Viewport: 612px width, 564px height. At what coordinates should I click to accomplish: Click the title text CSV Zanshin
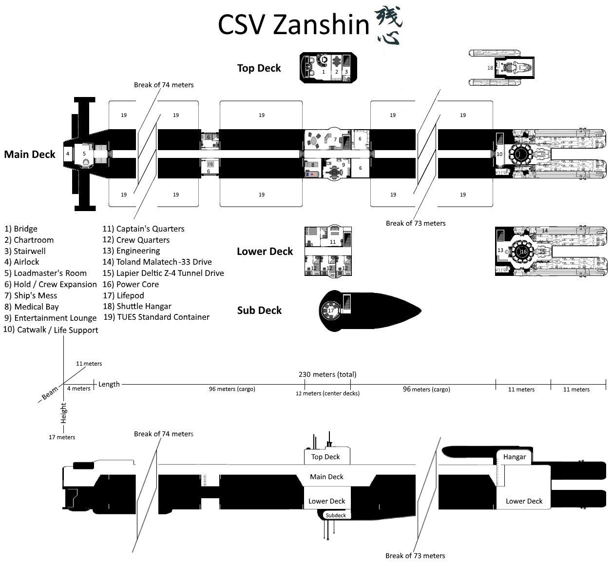(x=293, y=25)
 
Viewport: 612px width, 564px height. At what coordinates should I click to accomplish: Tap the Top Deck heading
(x=259, y=68)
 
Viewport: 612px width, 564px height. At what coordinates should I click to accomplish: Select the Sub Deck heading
(x=259, y=311)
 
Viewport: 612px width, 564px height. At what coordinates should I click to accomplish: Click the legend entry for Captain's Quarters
(x=143, y=229)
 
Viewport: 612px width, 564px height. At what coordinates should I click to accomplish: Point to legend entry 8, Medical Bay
(x=32, y=307)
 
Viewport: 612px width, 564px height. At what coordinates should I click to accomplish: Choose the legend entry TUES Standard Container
(x=156, y=317)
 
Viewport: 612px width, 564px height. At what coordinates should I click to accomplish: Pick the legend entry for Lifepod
(x=123, y=295)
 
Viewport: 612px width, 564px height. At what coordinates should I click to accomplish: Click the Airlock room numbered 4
(x=68, y=154)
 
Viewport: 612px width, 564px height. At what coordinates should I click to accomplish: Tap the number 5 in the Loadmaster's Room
(x=84, y=154)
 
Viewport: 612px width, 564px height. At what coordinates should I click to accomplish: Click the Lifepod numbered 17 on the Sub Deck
(x=331, y=311)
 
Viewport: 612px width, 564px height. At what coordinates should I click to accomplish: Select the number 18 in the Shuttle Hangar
(x=490, y=68)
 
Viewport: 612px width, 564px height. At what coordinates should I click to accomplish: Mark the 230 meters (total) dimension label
(x=327, y=374)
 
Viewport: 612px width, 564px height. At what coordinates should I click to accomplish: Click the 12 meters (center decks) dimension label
(x=327, y=393)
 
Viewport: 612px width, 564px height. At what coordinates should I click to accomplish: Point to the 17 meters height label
(x=62, y=437)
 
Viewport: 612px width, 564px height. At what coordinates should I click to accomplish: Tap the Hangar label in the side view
(x=515, y=457)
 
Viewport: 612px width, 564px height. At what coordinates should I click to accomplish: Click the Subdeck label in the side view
(x=336, y=515)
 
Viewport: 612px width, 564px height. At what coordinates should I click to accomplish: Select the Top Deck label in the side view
(x=325, y=457)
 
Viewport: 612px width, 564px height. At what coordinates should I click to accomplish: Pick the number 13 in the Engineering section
(x=500, y=251)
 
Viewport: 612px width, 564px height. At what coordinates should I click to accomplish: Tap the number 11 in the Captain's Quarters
(x=333, y=242)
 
